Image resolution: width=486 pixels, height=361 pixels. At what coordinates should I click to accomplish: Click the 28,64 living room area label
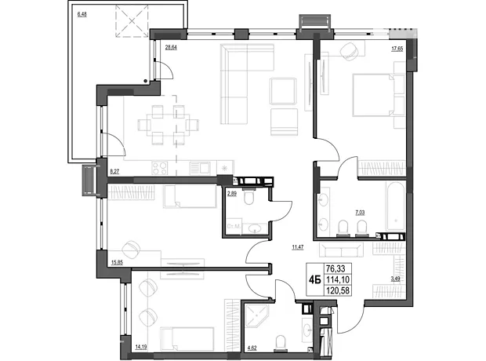pos(171,48)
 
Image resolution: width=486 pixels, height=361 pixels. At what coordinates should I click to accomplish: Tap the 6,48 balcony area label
pos(82,14)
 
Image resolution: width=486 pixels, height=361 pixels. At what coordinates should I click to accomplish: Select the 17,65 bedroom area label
pos(397,49)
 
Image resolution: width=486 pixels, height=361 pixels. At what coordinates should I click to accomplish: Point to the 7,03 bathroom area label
pos(360,213)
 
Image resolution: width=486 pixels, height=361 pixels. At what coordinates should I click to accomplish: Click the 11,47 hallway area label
pos(298,247)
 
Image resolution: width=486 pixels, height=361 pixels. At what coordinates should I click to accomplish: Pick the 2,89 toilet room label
pos(232,194)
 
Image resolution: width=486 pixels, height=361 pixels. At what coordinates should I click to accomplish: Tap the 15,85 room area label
pos(117,263)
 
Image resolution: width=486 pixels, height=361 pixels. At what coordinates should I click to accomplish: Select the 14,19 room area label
pos(141,347)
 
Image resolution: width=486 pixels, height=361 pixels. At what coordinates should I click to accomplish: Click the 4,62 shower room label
pos(252,348)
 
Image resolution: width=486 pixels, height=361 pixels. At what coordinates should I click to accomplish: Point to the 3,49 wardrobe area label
pos(395,279)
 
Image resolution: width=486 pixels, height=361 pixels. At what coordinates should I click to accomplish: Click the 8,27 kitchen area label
pos(114,170)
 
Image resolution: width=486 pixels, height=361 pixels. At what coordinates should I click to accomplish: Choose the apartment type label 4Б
pos(314,280)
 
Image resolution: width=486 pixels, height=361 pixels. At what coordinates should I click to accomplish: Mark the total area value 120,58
pos(337,290)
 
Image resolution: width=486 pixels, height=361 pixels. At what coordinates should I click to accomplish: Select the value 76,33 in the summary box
pos(335,268)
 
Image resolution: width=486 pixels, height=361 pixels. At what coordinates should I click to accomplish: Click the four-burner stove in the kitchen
pos(160,168)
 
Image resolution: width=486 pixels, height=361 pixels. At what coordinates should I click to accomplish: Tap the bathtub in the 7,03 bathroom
pos(396,206)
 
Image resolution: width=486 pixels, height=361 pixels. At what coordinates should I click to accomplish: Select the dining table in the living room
pos(168,125)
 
